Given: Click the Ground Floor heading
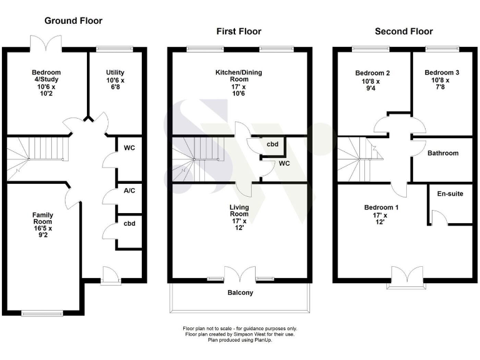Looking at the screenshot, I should [73, 21].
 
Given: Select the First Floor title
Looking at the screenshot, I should [239, 31].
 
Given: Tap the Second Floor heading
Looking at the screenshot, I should [403, 31].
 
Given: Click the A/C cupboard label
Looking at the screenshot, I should [130, 191].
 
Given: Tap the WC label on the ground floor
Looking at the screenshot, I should [130, 148].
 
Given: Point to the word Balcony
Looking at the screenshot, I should [240, 292].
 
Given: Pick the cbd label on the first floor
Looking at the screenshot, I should [272, 144].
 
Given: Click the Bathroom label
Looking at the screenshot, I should [442, 153].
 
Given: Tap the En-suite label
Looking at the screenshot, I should [450, 194].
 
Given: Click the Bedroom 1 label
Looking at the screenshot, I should [381, 215].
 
